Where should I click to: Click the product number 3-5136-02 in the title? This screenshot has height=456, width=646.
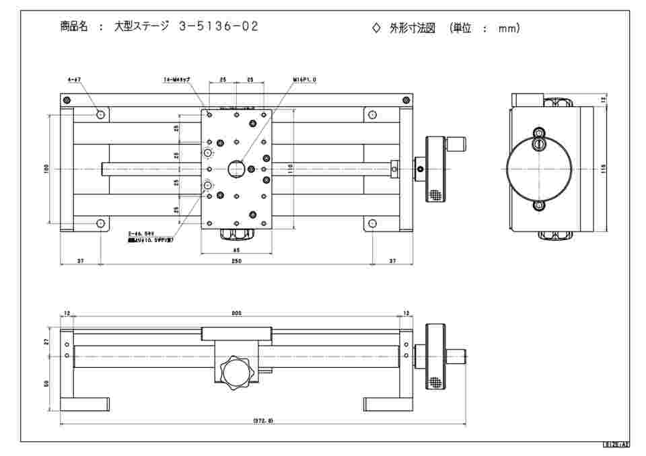pyautogui.click(x=218, y=27)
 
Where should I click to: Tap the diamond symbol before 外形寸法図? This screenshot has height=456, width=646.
pyautogui.click(x=376, y=28)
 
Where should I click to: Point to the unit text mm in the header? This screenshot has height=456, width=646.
pyautogui.click(x=509, y=28)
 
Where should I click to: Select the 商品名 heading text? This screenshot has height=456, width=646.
pyautogui.click(x=74, y=27)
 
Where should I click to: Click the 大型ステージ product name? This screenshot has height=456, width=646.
pyautogui.click(x=142, y=27)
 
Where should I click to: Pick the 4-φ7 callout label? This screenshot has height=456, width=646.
pyautogui.click(x=74, y=80)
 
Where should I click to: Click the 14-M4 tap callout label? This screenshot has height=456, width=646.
pyautogui.click(x=177, y=80)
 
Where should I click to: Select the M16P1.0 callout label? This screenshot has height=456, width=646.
pyautogui.click(x=304, y=80)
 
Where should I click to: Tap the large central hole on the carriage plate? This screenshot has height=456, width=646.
pyautogui.click(x=236, y=167)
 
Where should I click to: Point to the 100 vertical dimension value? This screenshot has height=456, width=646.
pyautogui.click(x=46, y=169)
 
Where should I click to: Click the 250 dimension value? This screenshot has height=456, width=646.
pyautogui.click(x=236, y=261)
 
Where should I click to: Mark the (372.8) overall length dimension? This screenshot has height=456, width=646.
pyautogui.click(x=262, y=420)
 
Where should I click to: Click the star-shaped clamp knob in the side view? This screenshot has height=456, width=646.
pyautogui.click(x=236, y=372)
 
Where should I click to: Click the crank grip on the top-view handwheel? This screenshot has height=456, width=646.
pyautogui.click(x=457, y=143)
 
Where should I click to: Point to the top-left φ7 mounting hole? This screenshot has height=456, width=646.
pyautogui.click(x=101, y=114)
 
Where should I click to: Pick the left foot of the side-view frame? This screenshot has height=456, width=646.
pyautogui.click(x=84, y=404)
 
